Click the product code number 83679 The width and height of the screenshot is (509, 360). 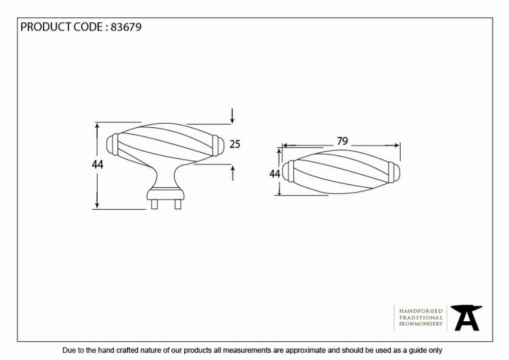(126, 27)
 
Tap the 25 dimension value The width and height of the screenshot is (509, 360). (235, 144)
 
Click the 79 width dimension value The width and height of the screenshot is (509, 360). (343, 141)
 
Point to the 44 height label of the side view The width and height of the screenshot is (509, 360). (97, 164)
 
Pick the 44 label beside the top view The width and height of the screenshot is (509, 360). (275, 174)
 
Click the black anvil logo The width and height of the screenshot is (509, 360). (466, 318)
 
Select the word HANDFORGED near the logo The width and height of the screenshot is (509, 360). (421, 311)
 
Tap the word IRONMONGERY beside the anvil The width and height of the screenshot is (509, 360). (421, 324)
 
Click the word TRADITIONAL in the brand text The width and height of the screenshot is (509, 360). (421, 317)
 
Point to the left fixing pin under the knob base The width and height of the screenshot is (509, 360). (155, 204)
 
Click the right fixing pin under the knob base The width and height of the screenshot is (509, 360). (178, 204)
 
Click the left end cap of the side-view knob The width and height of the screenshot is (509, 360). (112, 145)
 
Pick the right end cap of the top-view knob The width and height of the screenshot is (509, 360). (394, 172)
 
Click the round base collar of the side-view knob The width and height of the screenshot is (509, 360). (165, 194)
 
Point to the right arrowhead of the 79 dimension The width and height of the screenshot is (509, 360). (396, 146)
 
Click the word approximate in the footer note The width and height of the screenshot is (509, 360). (305, 351)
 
